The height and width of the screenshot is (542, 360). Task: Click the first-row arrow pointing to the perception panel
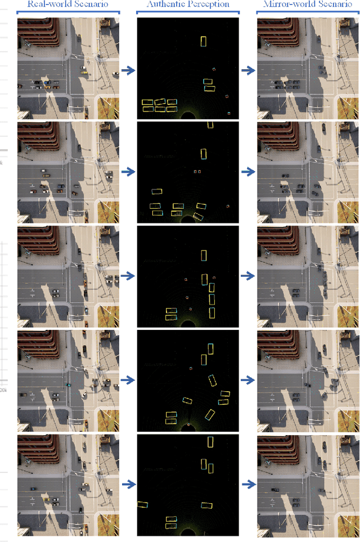128,70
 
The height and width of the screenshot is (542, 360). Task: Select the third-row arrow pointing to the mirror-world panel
248,276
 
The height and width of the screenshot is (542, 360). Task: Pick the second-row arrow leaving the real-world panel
128,172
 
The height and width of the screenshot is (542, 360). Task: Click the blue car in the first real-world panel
47,82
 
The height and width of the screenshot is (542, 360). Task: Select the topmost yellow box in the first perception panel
204,41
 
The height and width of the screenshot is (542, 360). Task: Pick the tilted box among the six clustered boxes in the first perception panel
160,102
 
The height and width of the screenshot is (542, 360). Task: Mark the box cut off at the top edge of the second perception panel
210,124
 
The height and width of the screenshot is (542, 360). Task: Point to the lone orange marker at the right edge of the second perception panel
228,206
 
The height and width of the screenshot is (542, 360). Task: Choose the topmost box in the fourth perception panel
210,349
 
